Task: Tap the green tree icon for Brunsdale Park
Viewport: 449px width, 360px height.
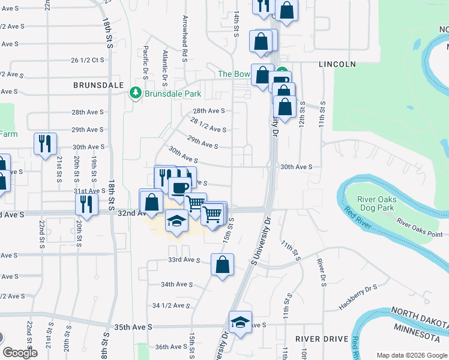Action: point(135,94)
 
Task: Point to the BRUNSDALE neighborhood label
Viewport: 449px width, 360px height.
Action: point(98,85)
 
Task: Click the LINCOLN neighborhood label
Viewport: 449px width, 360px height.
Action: point(337,64)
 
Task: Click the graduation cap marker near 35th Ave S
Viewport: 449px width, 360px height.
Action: point(240,322)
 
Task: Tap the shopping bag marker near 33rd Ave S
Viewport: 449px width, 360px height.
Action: point(222,264)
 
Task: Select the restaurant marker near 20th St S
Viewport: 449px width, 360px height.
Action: point(86,205)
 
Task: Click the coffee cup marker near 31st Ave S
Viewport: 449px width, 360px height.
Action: point(179,188)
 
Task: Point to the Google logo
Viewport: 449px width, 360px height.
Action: point(20,353)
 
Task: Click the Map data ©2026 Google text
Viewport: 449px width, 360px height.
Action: point(411,355)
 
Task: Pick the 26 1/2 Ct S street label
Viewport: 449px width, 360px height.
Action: point(88,60)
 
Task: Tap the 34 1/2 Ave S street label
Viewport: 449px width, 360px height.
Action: point(172,305)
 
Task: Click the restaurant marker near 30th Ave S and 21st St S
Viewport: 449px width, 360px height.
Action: point(45,143)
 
